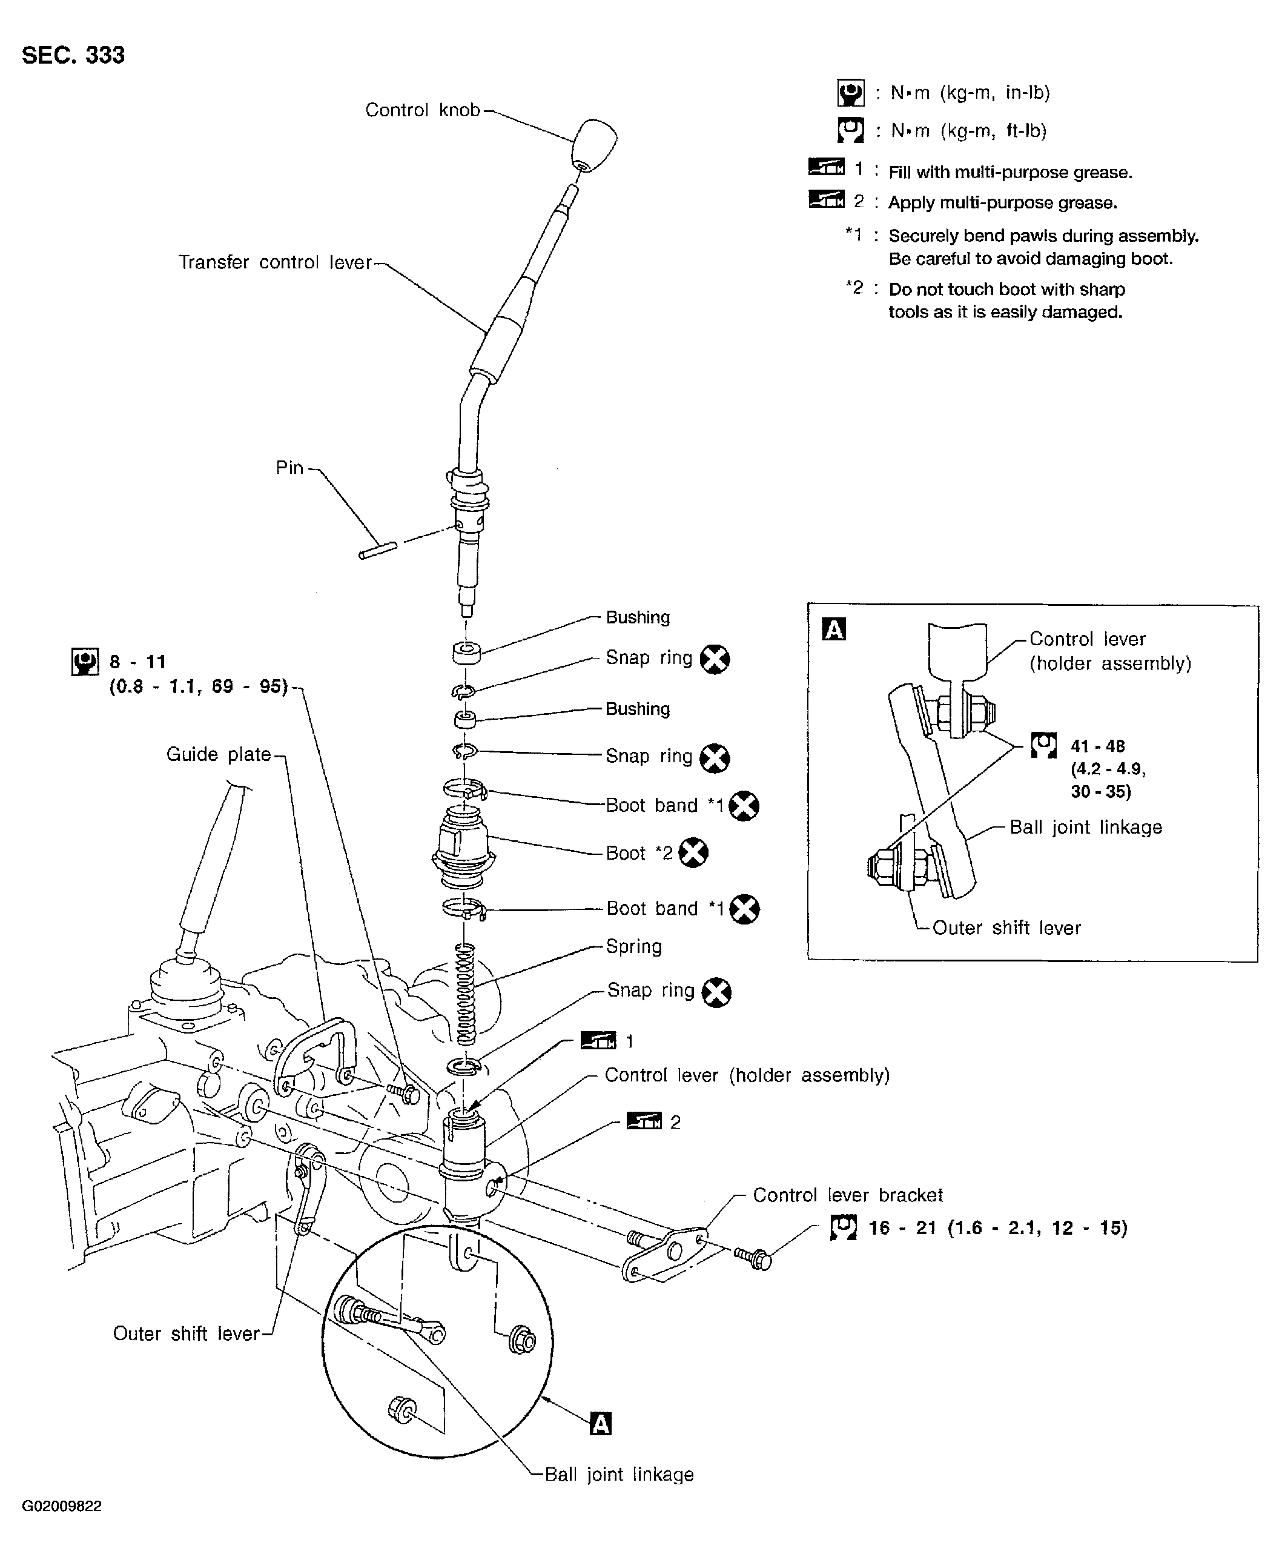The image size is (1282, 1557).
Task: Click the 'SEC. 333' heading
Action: point(73,55)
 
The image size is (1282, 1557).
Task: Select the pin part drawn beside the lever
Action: point(377,550)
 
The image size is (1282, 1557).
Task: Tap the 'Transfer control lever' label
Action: point(275,262)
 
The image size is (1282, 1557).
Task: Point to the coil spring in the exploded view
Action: point(466,994)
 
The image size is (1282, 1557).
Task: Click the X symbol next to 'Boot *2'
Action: point(693,852)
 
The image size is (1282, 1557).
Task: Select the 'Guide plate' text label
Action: point(219,754)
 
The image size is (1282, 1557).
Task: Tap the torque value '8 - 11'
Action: point(138,661)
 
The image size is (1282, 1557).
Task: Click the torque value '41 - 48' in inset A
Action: point(1097,746)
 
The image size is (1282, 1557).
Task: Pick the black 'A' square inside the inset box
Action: point(834,629)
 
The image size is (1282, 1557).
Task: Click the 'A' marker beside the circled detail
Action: point(601,1423)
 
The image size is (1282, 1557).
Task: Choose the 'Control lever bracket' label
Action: point(848,1195)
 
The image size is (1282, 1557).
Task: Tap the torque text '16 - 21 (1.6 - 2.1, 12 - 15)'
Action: point(998,1227)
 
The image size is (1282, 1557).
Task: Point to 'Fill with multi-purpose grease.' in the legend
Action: point(1010,172)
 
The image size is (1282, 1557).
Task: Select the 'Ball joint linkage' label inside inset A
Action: point(1086,827)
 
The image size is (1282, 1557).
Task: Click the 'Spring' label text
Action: point(633,946)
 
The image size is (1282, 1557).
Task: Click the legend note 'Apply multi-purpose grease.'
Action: point(1003,202)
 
